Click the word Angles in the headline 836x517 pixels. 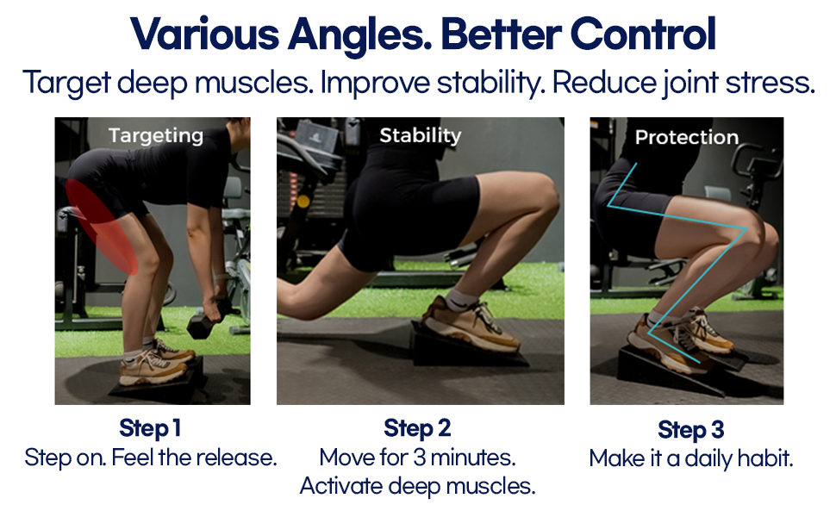pyautogui.click(x=360, y=34)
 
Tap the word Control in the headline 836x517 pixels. pyautogui.click(x=642, y=34)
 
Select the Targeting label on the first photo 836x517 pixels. pyautogui.click(x=156, y=136)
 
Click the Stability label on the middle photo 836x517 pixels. pyautogui.click(x=420, y=135)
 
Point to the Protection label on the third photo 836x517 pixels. pyautogui.click(x=687, y=138)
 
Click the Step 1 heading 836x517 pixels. pyautogui.click(x=150, y=428)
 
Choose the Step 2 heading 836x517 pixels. pyautogui.click(x=417, y=428)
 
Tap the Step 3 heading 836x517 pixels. pyautogui.click(x=691, y=430)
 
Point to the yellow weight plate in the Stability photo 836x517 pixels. pyautogui.click(x=303, y=202)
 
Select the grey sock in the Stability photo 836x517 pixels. pyautogui.click(x=460, y=300)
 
